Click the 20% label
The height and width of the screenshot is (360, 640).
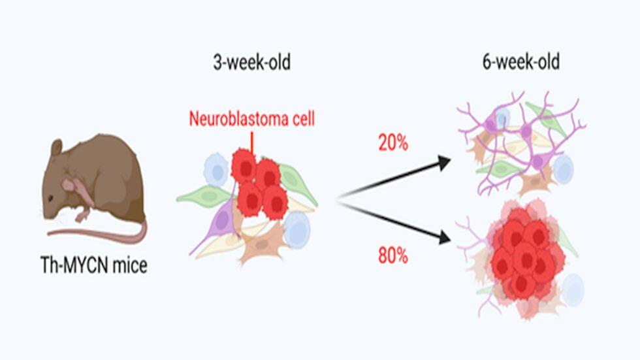[393, 143]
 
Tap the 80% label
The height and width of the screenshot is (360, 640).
[393, 256]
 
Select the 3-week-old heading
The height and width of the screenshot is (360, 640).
[252, 63]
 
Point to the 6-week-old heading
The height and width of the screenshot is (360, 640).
[521, 62]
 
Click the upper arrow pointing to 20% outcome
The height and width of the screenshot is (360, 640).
[394, 177]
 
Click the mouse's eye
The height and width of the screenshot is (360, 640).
[50, 199]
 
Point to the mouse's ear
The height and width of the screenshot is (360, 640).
[56, 147]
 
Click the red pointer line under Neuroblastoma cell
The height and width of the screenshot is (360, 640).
[252, 142]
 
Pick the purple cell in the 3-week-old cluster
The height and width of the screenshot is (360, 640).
[221, 220]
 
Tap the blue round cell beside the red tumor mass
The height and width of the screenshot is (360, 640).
[573, 289]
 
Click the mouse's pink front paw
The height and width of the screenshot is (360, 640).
[83, 214]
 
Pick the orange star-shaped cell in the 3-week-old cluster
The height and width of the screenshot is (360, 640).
[261, 243]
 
